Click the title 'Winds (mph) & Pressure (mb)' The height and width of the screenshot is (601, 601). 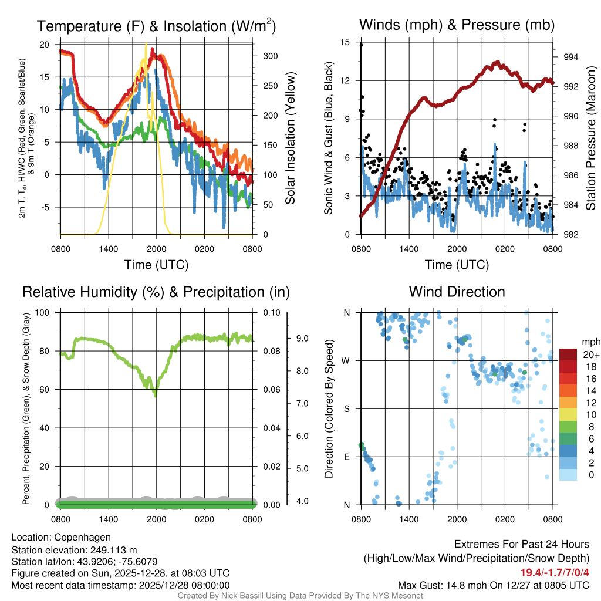457,25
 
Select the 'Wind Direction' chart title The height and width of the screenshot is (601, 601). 457,292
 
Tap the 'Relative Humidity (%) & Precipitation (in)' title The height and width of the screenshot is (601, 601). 156,292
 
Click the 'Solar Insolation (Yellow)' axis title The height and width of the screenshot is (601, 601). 290,139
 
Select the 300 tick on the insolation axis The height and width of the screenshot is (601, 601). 271,56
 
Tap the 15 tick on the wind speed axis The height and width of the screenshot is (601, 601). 345,42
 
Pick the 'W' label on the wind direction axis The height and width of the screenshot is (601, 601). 346,360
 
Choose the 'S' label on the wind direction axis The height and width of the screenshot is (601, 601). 347,408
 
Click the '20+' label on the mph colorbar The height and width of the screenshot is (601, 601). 590,354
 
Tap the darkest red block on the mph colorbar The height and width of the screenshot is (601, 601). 570,354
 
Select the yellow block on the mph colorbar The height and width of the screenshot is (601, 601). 570,414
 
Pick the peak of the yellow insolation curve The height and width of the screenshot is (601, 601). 146,43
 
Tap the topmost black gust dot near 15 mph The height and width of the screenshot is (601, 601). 361,45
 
